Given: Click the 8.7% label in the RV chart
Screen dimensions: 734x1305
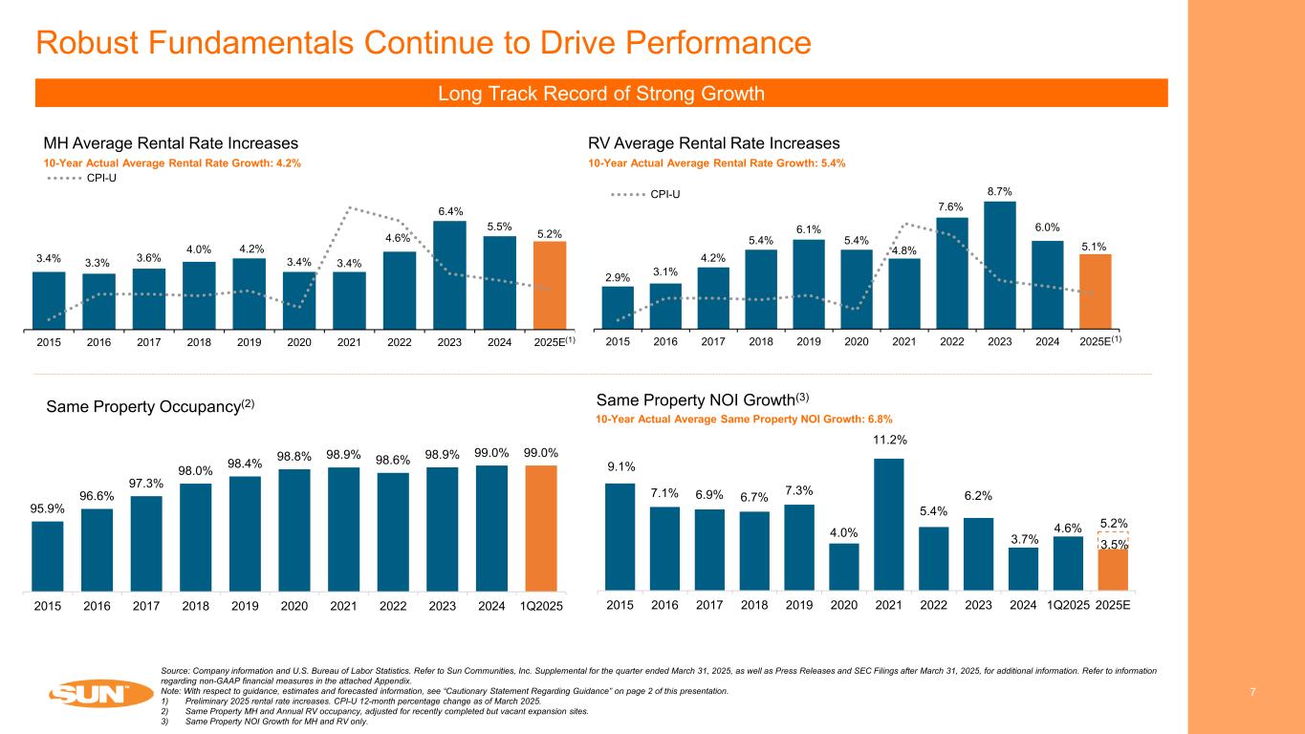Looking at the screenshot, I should [999, 192].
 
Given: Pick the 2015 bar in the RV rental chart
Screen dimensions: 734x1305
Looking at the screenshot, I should [618, 306].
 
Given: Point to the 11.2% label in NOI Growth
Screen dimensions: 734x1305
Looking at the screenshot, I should [889, 440].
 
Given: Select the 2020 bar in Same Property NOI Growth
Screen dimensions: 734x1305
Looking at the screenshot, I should [844, 567].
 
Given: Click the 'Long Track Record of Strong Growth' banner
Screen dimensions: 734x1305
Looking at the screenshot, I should [601, 93].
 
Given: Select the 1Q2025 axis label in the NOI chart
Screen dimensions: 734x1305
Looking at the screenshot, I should [1068, 606].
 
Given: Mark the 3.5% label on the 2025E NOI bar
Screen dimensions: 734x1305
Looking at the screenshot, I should [1112, 545].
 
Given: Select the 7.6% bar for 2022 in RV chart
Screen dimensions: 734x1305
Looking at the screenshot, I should [952, 272].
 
